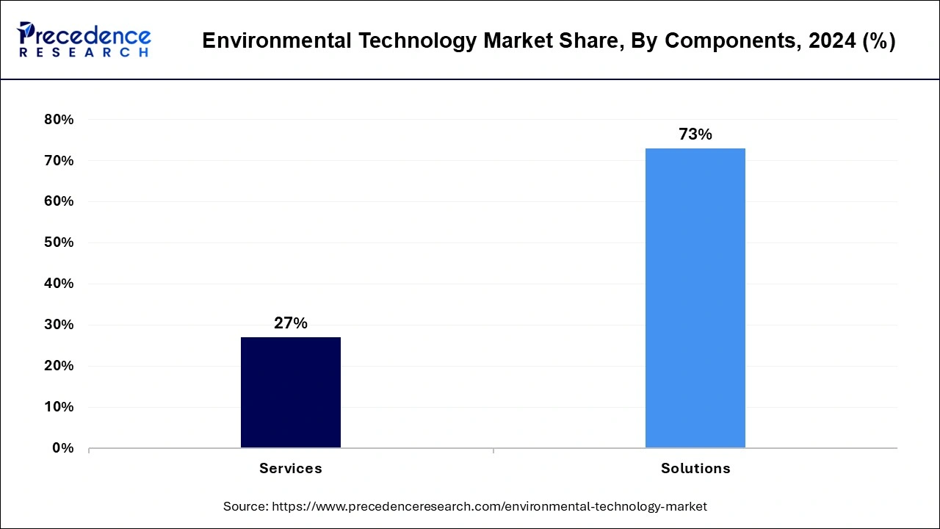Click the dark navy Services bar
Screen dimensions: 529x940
(291, 392)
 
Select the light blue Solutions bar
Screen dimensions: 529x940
(695, 298)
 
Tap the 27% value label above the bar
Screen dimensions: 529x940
(291, 323)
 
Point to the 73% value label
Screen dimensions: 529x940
(695, 134)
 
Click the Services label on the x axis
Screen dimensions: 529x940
(291, 468)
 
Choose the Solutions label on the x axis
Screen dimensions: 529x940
(695, 468)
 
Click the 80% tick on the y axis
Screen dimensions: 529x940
(59, 120)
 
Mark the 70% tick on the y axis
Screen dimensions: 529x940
(59, 161)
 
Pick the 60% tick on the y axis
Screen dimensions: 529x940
(59, 201)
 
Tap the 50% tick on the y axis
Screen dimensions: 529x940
(59, 242)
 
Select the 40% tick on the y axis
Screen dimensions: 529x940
(59, 284)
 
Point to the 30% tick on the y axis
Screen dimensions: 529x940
(59, 325)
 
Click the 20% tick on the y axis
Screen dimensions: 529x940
(59, 366)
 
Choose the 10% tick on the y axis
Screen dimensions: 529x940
(59, 407)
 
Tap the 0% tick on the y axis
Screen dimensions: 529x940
(62, 448)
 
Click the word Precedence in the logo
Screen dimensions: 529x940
(87, 35)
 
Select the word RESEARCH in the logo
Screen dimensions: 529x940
(84, 53)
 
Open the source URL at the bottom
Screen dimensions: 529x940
(489, 506)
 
